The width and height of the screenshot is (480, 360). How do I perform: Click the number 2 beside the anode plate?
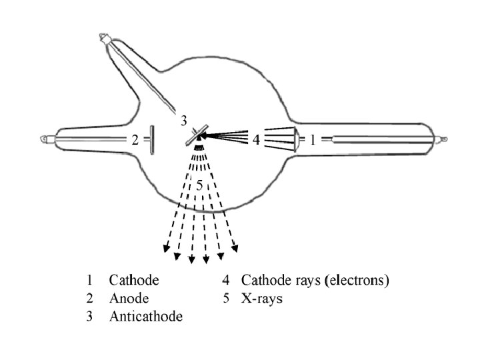coord(134,140)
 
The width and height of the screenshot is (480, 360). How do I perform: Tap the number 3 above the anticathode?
coord(184,121)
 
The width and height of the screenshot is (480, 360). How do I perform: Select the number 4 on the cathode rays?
coord(255,140)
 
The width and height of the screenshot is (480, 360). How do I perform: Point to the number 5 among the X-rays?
coord(199,185)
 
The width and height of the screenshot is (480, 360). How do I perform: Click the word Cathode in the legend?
coord(134,280)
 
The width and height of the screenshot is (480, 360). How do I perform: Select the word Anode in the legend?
coord(129,298)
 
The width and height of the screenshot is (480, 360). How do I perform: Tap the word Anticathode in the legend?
coord(146,316)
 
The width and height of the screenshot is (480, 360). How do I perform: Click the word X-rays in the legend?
coord(262,298)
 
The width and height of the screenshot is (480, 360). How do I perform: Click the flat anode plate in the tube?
coord(152,140)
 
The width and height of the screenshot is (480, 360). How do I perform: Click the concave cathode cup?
coord(296,140)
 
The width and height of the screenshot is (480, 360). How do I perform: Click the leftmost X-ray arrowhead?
coord(165,250)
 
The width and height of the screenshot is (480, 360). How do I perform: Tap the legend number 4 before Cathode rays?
coord(226,280)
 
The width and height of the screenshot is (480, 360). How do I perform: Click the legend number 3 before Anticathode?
coord(89,316)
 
